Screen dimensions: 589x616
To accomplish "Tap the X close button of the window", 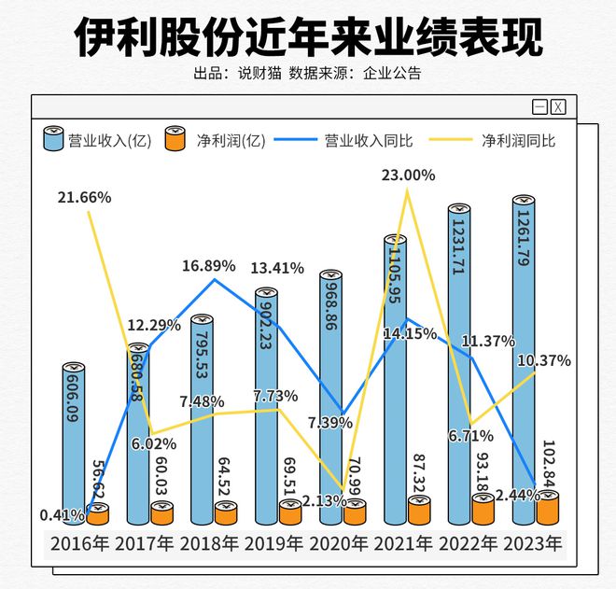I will [558, 107].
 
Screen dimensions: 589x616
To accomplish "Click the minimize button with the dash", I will [539, 107].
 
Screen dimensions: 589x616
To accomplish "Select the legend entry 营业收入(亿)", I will [97, 141].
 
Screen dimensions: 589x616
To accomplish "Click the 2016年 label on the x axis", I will [81, 543].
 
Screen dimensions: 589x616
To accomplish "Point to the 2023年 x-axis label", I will [532, 543].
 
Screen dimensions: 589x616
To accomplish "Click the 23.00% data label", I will [408, 175].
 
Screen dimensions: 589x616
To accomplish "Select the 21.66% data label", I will [84, 197].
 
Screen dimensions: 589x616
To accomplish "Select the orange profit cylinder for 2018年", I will [226, 513].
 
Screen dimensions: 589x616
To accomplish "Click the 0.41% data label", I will [59, 513].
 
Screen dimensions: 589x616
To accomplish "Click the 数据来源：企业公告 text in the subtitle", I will [355, 74].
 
